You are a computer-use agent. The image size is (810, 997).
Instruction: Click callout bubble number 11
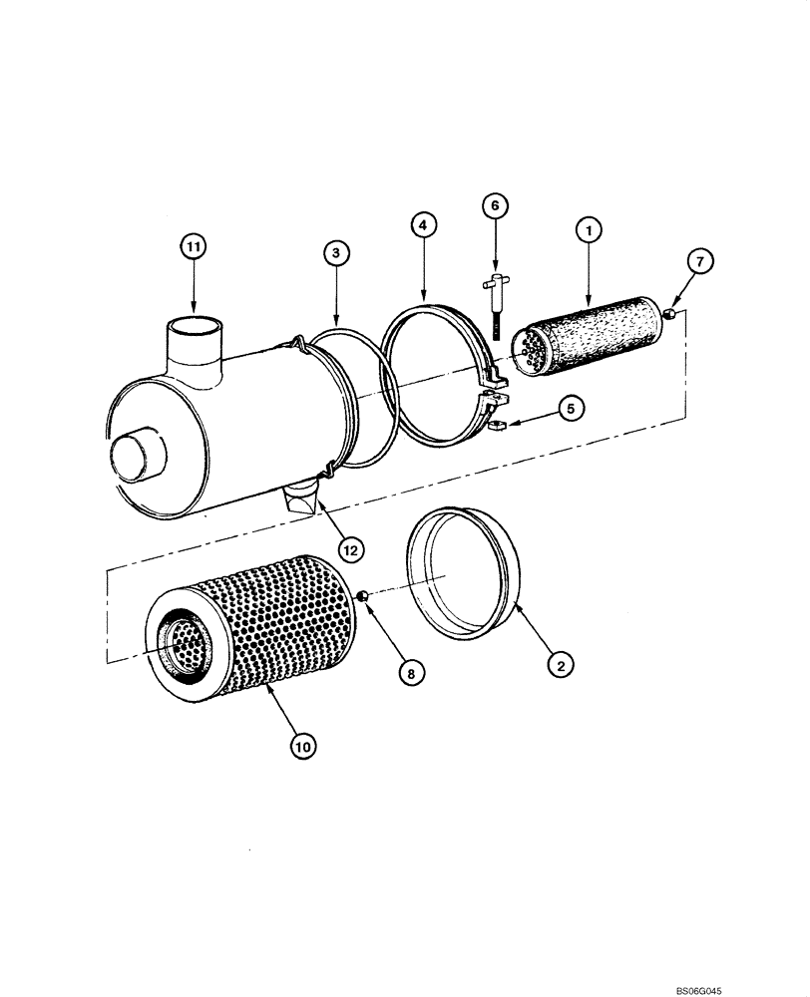(195, 245)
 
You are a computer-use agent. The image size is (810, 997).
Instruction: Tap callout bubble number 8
(408, 673)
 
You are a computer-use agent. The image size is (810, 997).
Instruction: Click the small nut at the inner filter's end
(671, 313)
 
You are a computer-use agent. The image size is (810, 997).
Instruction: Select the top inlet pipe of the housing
(195, 344)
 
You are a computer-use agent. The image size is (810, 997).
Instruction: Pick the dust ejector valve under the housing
(303, 498)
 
